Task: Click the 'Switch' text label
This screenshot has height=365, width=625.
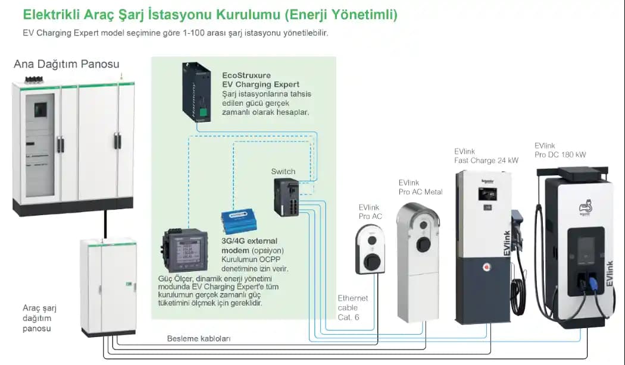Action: point(283,172)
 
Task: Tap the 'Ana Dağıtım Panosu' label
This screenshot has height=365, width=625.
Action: point(66,64)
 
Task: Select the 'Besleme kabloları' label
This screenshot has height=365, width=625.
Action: point(198,339)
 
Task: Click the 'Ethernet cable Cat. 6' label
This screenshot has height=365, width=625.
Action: point(352,308)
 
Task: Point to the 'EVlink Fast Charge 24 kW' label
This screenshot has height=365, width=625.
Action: point(486,156)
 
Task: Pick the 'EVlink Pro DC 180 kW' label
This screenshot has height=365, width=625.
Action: point(560,150)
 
